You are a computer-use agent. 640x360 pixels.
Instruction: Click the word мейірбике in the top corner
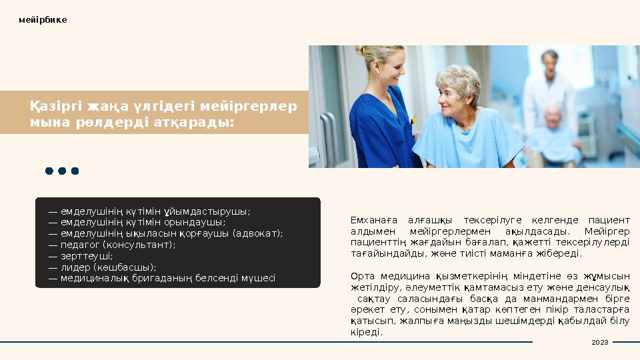coord(43,20)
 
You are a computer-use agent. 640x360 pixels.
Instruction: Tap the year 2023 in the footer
coord(600,342)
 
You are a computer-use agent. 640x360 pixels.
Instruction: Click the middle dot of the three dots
coord(62,171)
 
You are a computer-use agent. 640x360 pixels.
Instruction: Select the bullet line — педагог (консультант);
coord(112,245)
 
